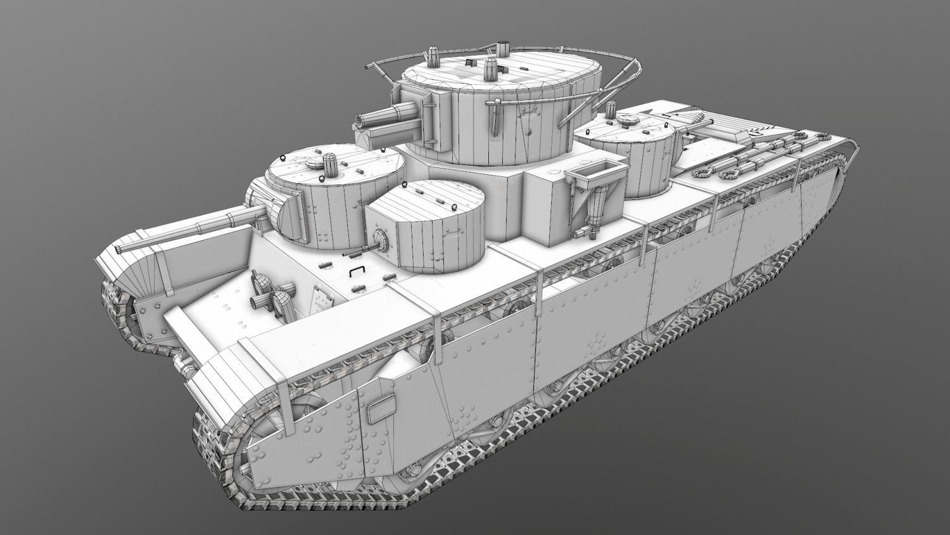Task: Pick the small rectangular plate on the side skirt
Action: point(380,408)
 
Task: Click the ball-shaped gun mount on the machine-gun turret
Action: point(381,240)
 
